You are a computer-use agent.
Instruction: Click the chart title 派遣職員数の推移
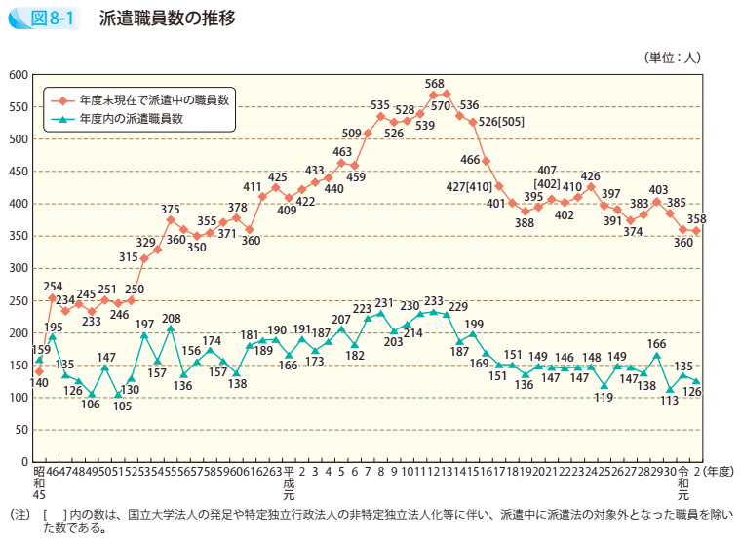[x=166, y=19]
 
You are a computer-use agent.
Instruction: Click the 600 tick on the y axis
[x=18, y=75]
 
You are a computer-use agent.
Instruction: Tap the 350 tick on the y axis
[x=18, y=236]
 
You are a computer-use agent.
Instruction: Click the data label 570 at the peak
[x=440, y=105]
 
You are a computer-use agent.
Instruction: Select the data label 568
[x=435, y=83]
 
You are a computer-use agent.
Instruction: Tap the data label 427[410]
[x=468, y=186]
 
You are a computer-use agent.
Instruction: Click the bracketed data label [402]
[x=547, y=184]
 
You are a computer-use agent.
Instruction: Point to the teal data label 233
[x=435, y=302]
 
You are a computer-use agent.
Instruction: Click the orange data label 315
[x=129, y=256]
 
